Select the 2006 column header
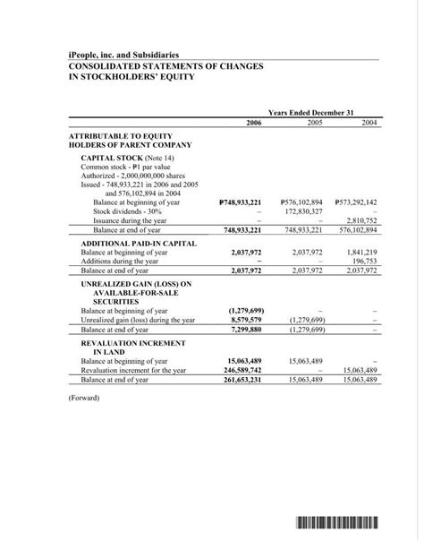click(x=253, y=122)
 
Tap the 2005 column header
click(x=315, y=122)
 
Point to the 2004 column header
click(x=369, y=122)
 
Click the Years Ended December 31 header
click(x=310, y=112)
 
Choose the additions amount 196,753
click(x=364, y=261)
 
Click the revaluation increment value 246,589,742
click(x=242, y=369)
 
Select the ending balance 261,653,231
click(x=242, y=379)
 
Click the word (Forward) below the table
click(x=84, y=397)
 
